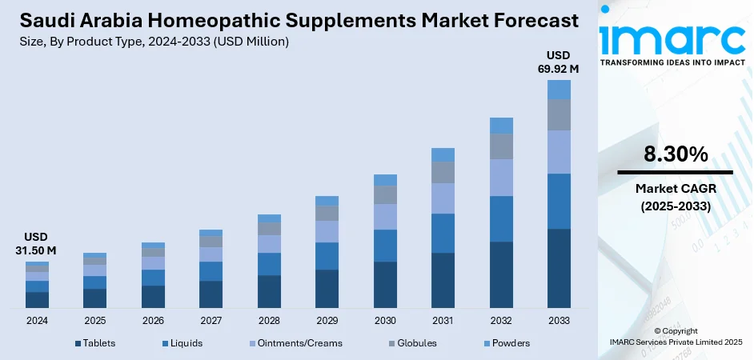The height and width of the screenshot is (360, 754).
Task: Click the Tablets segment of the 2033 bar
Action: (x=559, y=268)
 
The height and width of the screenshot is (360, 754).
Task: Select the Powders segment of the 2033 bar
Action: (x=559, y=90)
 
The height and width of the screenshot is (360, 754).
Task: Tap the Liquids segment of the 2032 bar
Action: (x=501, y=218)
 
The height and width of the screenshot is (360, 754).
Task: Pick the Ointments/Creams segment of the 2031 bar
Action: (x=443, y=198)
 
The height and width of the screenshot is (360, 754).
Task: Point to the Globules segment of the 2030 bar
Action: (x=385, y=194)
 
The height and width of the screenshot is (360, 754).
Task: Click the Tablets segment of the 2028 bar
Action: (x=269, y=291)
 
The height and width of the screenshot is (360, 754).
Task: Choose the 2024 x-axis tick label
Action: (x=37, y=321)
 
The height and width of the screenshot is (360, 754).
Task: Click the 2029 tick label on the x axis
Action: (x=327, y=321)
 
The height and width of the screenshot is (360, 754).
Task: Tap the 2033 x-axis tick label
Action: (x=559, y=321)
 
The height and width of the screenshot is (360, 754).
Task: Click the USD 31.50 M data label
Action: (x=37, y=244)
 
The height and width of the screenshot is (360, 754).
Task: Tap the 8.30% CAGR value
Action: (x=675, y=155)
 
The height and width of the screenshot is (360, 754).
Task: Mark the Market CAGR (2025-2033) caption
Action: (x=675, y=197)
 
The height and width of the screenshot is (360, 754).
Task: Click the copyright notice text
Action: (x=675, y=336)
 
